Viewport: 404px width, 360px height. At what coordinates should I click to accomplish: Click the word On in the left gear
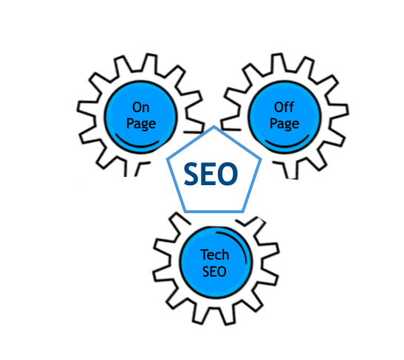click(140, 107)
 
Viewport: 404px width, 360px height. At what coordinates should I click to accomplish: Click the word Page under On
click(141, 124)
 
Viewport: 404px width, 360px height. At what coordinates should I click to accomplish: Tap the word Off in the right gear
click(284, 107)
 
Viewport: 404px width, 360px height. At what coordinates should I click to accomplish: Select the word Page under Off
click(284, 124)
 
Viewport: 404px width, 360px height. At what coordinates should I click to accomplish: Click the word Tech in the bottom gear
click(214, 255)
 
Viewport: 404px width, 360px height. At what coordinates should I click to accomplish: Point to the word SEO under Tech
click(214, 271)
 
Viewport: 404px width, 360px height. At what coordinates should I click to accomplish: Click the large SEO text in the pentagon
click(210, 174)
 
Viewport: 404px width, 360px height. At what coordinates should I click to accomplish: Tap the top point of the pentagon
click(214, 126)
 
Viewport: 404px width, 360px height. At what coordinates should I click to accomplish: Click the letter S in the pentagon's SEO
click(192, 174)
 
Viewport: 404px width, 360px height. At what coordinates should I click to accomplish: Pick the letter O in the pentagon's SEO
click(227, 174)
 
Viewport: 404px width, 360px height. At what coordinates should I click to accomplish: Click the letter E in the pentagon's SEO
click(208, 174)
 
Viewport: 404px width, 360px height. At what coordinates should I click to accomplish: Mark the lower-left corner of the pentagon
click(185, 212)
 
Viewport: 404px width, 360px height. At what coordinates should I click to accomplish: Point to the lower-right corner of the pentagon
click(243, 212)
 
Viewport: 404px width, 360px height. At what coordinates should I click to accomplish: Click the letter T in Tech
click(204, 255)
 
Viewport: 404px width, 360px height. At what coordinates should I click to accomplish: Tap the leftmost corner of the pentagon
click(168, 159)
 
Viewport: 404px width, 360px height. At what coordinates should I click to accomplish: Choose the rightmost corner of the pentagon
click(261, 159)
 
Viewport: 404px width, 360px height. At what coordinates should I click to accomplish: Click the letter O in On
click(137, 107)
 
